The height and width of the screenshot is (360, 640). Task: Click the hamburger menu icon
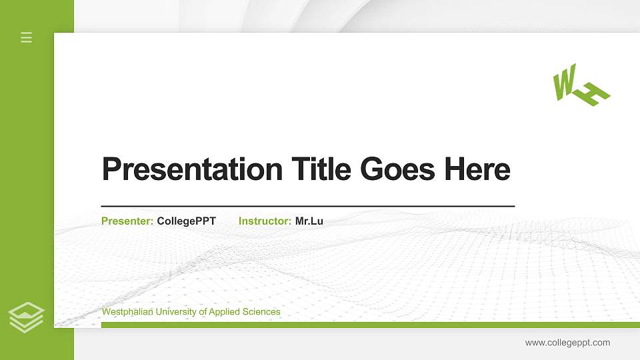tap(27, 37)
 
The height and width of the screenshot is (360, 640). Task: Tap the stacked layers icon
tap(27, 317)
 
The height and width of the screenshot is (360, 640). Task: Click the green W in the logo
tap(564, 83)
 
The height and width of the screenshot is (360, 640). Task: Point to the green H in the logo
tap(592, 95)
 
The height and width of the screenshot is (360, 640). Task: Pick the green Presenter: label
tap(127, 221)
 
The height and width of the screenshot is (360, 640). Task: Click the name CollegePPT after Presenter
tap(186, 221)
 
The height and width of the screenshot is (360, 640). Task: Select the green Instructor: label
tap(265, 221)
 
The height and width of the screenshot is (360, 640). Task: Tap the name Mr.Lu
tap(309, 221)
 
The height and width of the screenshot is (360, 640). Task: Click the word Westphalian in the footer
tap(126, 312)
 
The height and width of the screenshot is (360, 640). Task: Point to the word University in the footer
tap(175, 312)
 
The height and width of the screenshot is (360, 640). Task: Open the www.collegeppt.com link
tap(567, 343)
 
